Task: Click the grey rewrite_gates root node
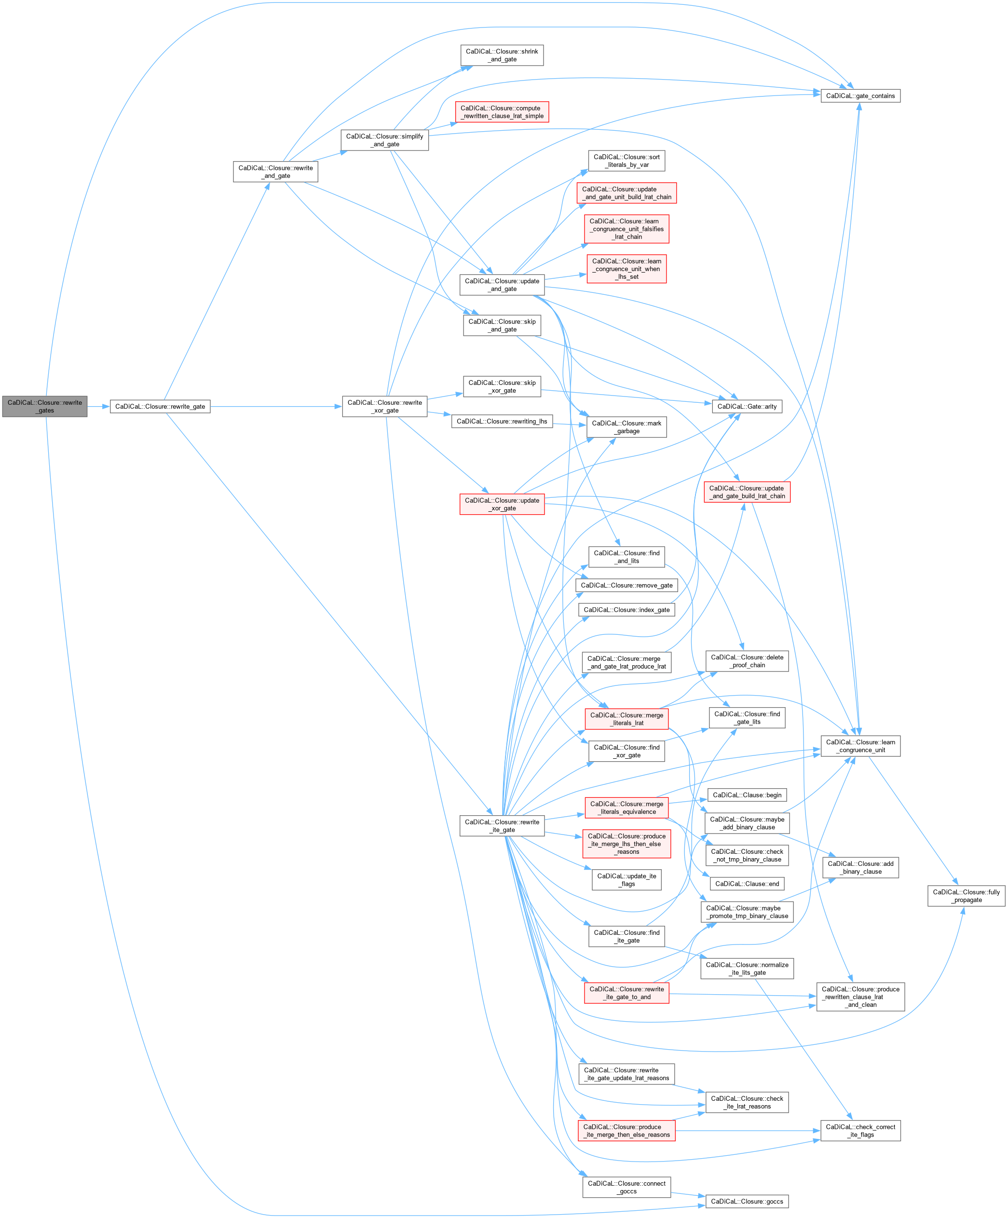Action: click(x=45, y=406)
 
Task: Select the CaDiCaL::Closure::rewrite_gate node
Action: click(x=160, y=407)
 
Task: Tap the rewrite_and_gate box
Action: click(x=275, y=172)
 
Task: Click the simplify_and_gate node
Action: click(x=384, y=140)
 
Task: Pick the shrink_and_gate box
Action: click(x=502, y=55)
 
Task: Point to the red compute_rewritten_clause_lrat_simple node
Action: click(x=502, y=112)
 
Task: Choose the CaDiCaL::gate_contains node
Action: click(x=860, y=96)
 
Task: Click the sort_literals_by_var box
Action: click(x=627, y=161)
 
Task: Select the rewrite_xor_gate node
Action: click(x=384, y=407)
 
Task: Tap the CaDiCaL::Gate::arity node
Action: click(x=747, y=407)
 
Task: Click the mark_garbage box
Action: click(x=627, y=427)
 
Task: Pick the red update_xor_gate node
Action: click(x=502, y=504)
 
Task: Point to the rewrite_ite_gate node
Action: click(x=502, y=826)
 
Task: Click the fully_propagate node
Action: click(x=966, y=896)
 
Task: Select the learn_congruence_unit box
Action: click(x=860, y=746)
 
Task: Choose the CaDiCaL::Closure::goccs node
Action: click(x=747, y=1201)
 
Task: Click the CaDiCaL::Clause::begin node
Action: click(x=747, y=795)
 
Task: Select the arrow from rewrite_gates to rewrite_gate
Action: click(x=98, y=407)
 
